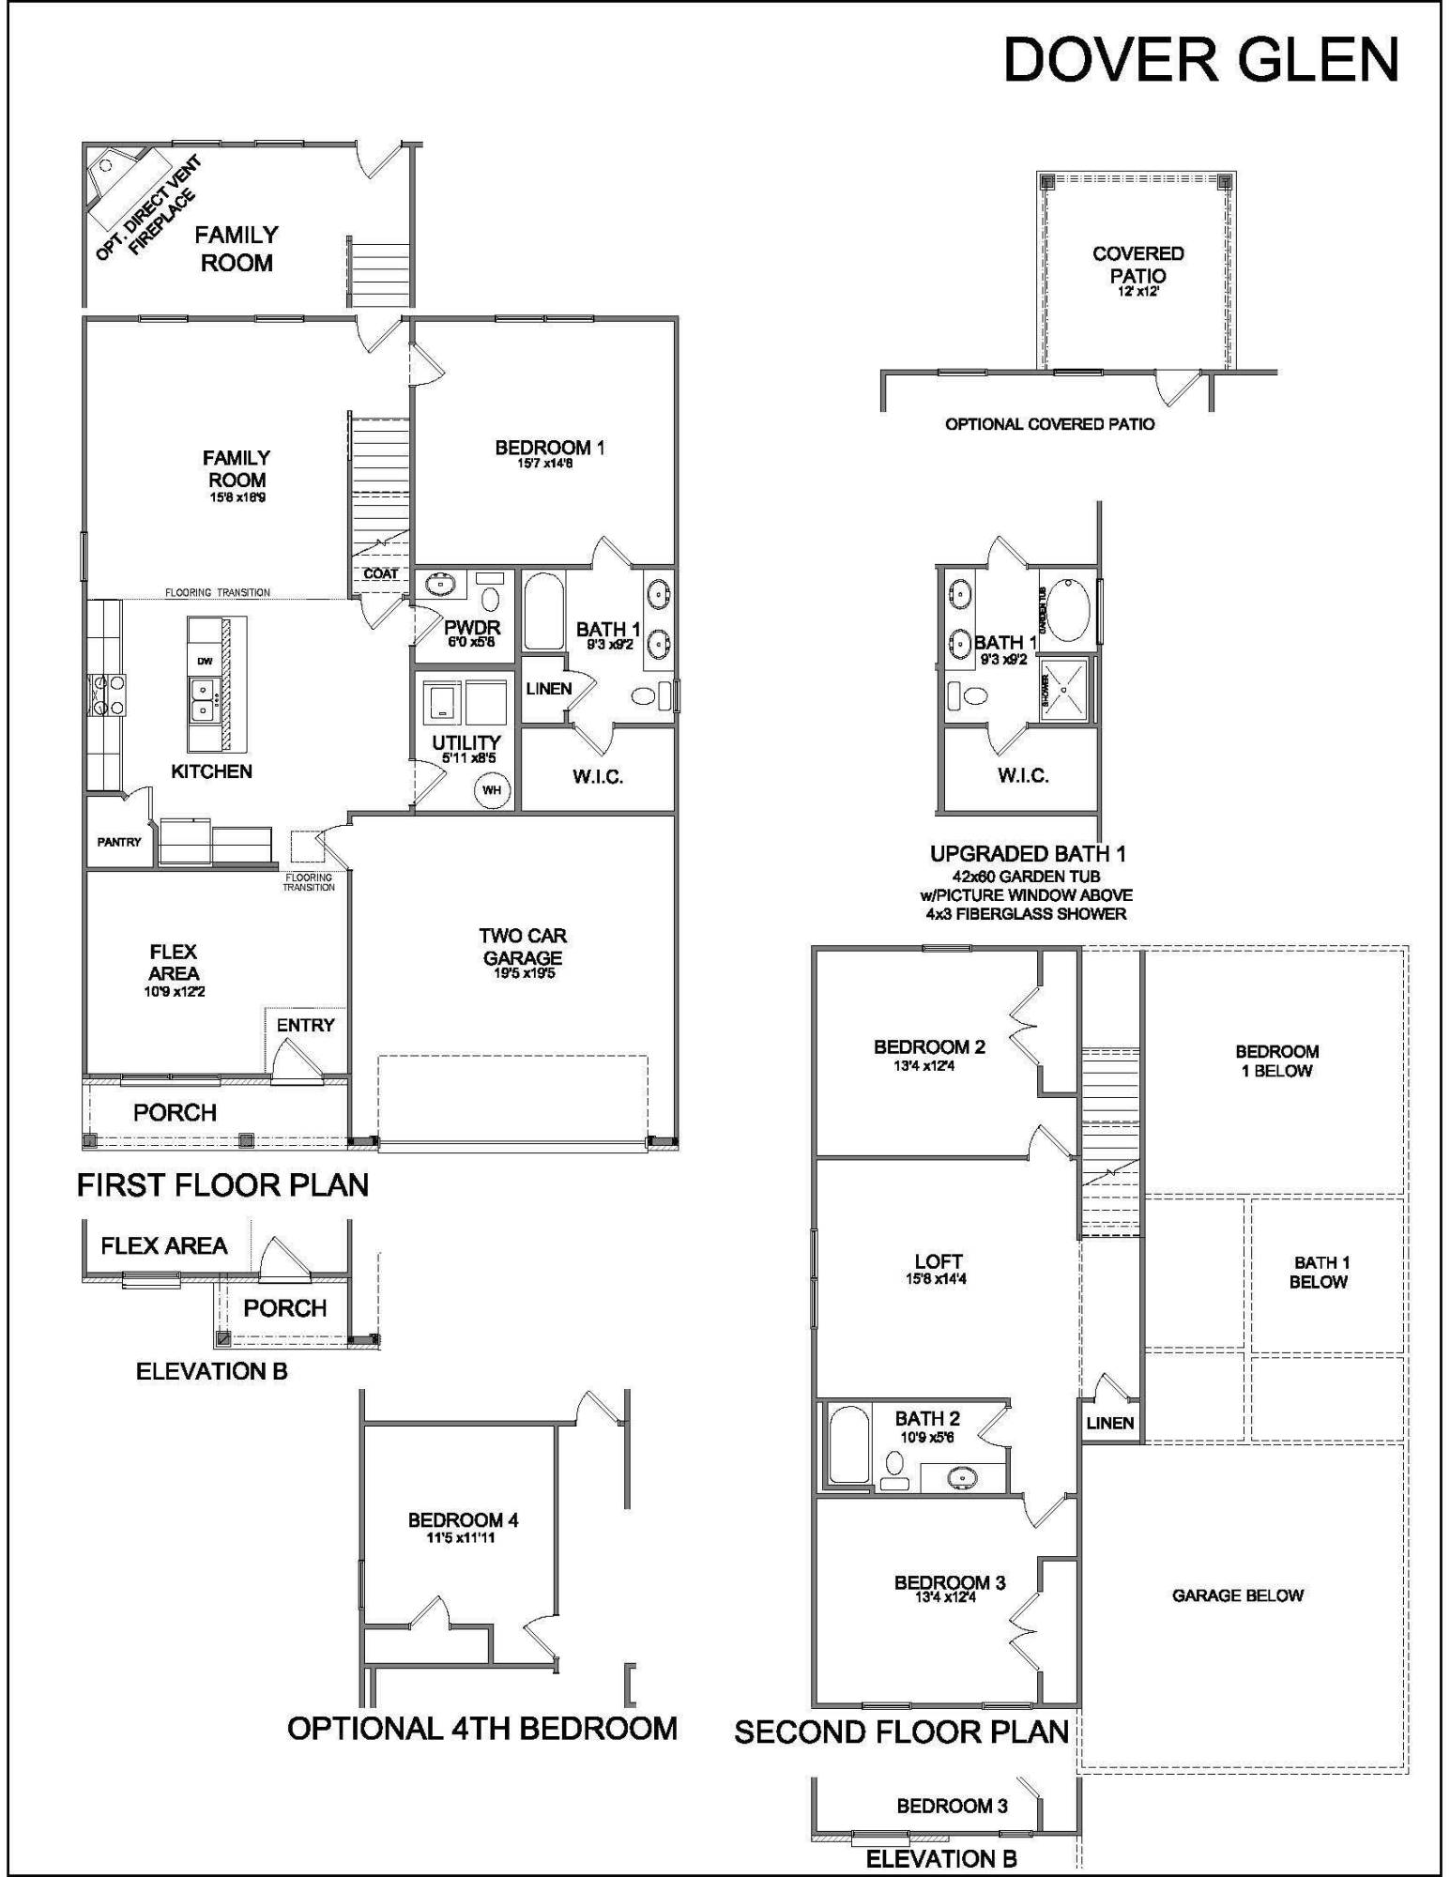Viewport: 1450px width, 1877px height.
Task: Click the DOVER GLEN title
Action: tap(1200, 60)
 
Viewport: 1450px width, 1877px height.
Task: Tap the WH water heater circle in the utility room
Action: tap(491, 790)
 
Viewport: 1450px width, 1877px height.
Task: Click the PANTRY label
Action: tap(119, 842)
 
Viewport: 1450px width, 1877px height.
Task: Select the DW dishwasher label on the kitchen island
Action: tap(205, 662)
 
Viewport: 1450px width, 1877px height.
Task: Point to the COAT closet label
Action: tap(380, 573)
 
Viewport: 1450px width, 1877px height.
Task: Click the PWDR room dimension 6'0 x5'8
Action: tap(471, 643)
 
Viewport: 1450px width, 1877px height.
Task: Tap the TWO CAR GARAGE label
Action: tap(522, 947)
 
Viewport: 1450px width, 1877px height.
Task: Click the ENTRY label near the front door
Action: tap(305, 1025)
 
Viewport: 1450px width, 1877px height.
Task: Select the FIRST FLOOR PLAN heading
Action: tap(222, 1185)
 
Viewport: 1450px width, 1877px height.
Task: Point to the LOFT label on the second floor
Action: tap(938, 1262)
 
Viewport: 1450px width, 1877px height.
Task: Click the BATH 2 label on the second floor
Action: tap(926, 1419)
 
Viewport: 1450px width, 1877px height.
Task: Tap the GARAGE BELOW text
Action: tap(1237, 1595)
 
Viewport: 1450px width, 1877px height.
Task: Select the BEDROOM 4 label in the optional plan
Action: tap(463, 1520)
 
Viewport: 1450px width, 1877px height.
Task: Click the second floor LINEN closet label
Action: tap(1109, 1423)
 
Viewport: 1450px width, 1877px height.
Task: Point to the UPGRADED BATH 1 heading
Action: tap(1027, 854)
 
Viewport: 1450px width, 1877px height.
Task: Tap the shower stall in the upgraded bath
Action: tap(1064, 690)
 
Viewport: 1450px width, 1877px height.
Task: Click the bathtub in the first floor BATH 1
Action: tap(542, 612)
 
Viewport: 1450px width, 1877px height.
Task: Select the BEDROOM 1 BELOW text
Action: tap(1276, 1061)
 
